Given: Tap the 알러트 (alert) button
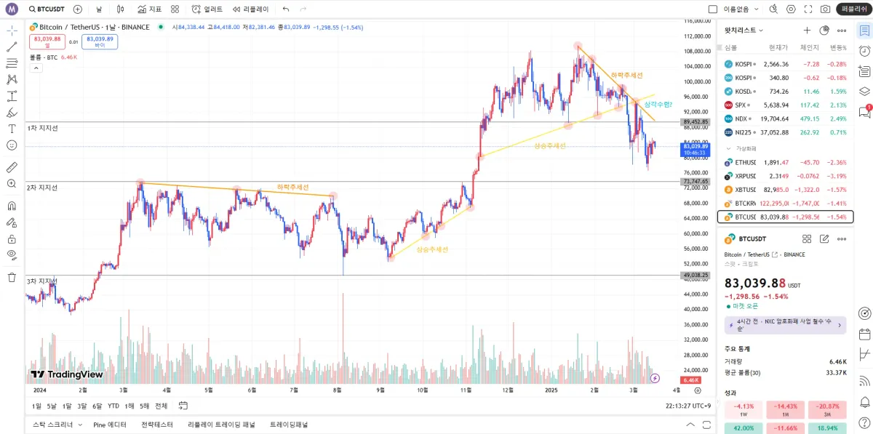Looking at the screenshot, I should [208, 9].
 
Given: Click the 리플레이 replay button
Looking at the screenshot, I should [251, 9].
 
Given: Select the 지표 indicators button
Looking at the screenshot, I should [149, 9].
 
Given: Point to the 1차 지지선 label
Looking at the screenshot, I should [42, 128].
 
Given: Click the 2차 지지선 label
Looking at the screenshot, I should [42, 188].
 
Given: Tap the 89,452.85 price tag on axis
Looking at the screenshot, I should [695, 122].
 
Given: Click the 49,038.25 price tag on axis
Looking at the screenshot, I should [695, 275].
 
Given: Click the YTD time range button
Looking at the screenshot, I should [113, 406].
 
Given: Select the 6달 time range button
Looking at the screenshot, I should [97, 406].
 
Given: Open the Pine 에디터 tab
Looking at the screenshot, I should [110, 425].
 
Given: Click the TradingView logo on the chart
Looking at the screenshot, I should [67, 374].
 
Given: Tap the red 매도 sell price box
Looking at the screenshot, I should [47, 41].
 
